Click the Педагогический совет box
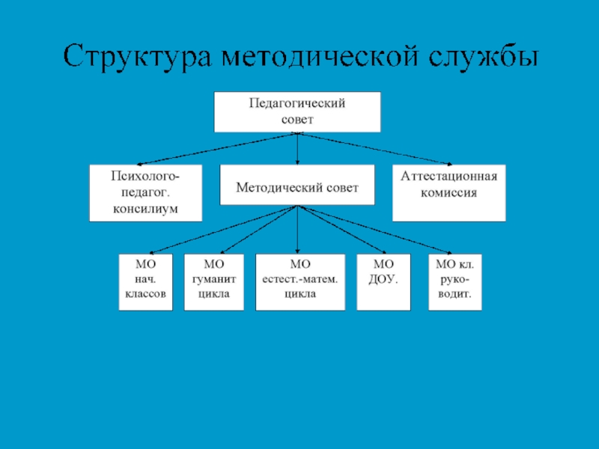click(297, 112)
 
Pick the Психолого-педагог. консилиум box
click(145, 193)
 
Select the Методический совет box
click(297, 186)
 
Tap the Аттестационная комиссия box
click(449, 193)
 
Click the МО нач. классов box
click(145, 282)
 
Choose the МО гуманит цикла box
click(214, 282)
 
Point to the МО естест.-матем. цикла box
click(300, 282)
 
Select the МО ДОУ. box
click(383, 282)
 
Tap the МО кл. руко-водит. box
click(454, 282)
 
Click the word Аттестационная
click(449, 178)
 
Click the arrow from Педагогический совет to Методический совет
click(297, 150)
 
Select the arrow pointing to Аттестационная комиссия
click(374, 149)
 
